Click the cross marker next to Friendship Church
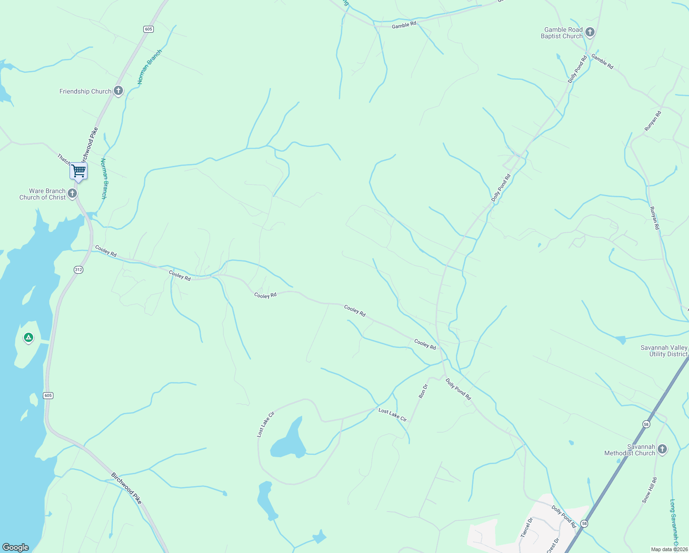click(x=118, y=91)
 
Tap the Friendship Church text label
click(x=85, y=91)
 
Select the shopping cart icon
click(x=78, y=171)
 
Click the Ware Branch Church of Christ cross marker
click(x=72, y=194)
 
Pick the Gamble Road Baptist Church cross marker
click(x=590, y=32)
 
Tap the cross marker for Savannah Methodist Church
click(x=662, y=449)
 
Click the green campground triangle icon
click(x=29, y=338)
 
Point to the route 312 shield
click(x=79, y=270)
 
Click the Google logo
click(x=15, y=547)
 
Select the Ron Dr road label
click(x=423, y=391)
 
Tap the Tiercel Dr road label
click(x=526, y=527)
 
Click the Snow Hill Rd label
click(x=649, y=490)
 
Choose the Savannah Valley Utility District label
click(x=664, y=351)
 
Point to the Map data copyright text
click(x=669, y=549)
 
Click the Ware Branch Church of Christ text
click(x=42, y=194)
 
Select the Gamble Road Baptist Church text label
click(x=562, y=33)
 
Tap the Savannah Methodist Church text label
click(x=630, y=450)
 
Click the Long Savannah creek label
click(x=674, y=525)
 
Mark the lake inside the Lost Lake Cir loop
click(x=289, y=442)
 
